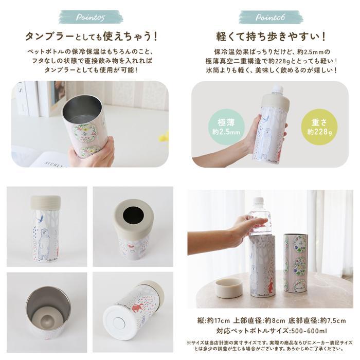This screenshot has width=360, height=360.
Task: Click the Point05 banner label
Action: point(91,17)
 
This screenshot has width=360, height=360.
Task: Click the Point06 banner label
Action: point(270,17)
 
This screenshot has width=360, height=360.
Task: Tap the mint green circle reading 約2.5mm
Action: point(226,127)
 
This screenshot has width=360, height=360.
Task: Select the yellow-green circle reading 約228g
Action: point(319,127)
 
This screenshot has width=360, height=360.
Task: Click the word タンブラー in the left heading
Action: point(49,37)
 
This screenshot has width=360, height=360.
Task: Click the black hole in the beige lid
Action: point(133,215)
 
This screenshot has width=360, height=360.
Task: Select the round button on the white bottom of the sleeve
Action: point(117,323)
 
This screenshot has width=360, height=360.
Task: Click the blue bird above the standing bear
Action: point(41,218)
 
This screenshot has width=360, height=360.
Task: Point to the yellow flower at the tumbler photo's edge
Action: point(165,137)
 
